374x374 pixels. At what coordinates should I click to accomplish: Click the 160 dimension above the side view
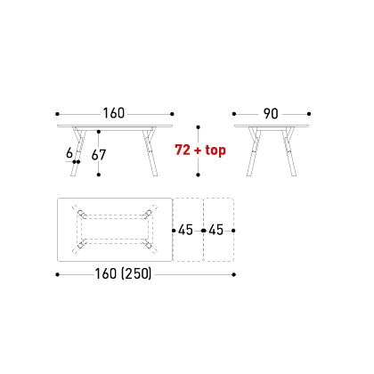(114, 113)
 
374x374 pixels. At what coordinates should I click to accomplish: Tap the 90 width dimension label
(271, 114)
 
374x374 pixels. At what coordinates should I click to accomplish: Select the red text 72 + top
(200, 150)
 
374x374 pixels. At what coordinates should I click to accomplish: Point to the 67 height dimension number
(99, 155)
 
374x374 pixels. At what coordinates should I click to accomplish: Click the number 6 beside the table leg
(69, 153)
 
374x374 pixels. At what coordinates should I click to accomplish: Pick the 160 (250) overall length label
(123, 273)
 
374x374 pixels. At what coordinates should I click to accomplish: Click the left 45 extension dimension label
(185, 230)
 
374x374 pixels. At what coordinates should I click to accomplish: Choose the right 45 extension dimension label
(215, 230)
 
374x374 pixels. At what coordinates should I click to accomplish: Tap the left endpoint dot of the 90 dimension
(234, 114)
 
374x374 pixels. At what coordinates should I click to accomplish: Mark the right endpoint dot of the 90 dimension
(309, 114)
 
